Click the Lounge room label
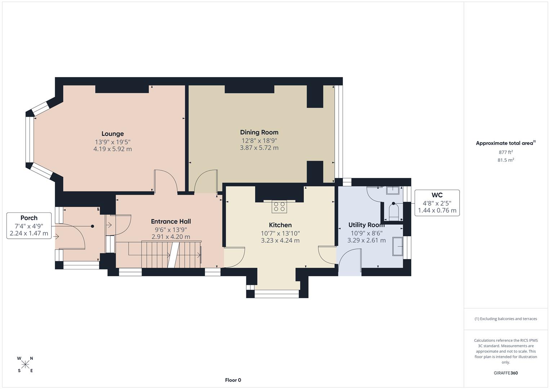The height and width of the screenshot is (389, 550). [112, 134]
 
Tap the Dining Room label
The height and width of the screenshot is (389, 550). [259, 132]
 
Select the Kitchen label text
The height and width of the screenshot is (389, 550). [280, 225]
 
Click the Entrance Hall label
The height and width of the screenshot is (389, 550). [171, 222]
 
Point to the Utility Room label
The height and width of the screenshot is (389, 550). [366, 225]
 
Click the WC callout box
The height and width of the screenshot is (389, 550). [437, 203]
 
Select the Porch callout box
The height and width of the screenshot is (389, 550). [29, 225]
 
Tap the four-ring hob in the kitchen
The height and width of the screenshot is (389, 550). [279, 207]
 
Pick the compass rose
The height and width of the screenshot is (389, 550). [25, 365]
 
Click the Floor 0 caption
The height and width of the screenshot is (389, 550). [233, 380]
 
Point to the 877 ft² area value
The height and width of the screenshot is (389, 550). [506, 152]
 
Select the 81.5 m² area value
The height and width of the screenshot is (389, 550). [506, 160]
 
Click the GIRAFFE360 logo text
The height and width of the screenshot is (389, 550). [506, 373]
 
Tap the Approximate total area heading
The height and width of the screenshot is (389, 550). [505, 143]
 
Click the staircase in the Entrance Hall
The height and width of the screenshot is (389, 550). [171, 255]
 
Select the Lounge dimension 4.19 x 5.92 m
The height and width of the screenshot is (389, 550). [112, 149]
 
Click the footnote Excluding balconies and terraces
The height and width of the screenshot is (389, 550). [506, 319]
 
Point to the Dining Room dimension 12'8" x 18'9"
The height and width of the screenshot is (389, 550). [259, 140]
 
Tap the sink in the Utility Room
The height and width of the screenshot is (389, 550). [398, 246]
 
